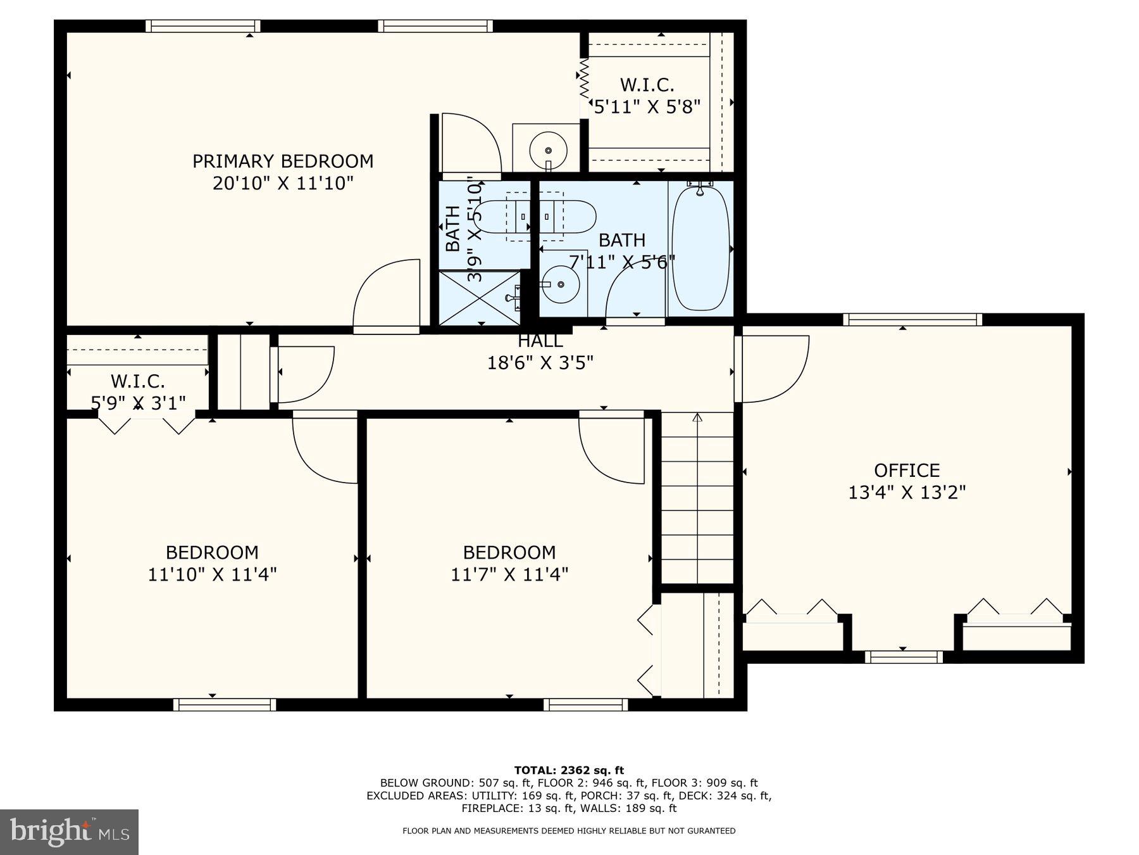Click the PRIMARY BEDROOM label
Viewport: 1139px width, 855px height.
tap(283, 161)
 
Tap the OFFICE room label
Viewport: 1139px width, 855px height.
tap(907, 470)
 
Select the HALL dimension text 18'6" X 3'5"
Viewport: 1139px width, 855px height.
tap(540, 363)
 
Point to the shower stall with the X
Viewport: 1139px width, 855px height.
tap(479, 298)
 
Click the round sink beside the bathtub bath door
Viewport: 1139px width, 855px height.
tap(561, 285)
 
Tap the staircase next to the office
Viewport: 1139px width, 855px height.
tap(697, 497)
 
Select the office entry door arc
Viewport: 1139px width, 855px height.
tap(775, 369)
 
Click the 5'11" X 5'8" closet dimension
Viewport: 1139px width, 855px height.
tap(647, 106)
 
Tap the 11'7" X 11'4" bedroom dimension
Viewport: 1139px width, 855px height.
tap(509, 574)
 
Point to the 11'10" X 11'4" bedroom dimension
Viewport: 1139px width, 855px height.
tap(212, 574)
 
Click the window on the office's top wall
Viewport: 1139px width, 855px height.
tap(912, 319)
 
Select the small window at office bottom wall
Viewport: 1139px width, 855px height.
tap(903, 657)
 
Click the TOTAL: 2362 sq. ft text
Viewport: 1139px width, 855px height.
tap(569, 770)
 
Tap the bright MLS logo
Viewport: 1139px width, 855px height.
tap(69, 832)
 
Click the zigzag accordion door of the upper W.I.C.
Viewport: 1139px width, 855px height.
tap(584, 79)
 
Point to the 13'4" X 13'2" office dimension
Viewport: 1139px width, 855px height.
tap(907, 493)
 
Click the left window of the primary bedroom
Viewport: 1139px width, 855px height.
tap(202, 26)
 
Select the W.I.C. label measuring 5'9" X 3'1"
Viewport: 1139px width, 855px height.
tap(138, 381)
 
